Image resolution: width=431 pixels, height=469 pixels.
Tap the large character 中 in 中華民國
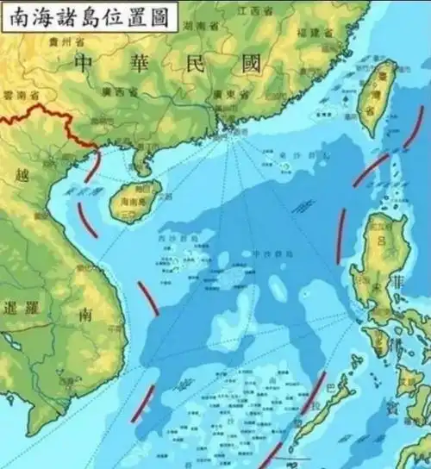tap(84, 63)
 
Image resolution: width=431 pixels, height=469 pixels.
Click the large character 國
tap(251, 63)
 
